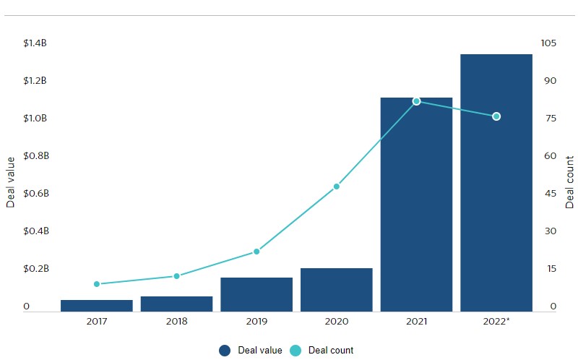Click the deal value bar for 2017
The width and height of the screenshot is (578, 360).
pos(97,306)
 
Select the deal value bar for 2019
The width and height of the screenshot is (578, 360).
pos(256,294)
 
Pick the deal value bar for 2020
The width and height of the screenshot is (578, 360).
pos(337,290)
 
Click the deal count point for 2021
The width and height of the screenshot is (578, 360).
pos(416,101)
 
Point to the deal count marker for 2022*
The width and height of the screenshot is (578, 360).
pos(496,116)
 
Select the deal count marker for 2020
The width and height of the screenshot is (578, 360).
pos(337,187)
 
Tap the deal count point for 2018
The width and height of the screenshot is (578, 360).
pos(176,276)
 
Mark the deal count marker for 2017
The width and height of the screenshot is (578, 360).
pos(97,284)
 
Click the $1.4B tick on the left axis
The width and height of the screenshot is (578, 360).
pos(35,43)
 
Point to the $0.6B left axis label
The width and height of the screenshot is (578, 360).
pos(35,194)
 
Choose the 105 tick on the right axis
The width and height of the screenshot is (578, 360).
pos(548,43)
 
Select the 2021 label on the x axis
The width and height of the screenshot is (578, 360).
pos(416,321)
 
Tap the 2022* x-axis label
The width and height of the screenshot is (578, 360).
pos(496,321)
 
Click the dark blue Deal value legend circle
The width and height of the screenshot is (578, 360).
pos(224,351)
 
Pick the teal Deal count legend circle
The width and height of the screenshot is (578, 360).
pos(296,351)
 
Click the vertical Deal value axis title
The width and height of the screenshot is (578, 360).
pos(11,182)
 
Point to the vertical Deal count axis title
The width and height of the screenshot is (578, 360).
pos(569,182)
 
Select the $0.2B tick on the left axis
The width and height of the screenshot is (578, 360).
pos(35,269)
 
